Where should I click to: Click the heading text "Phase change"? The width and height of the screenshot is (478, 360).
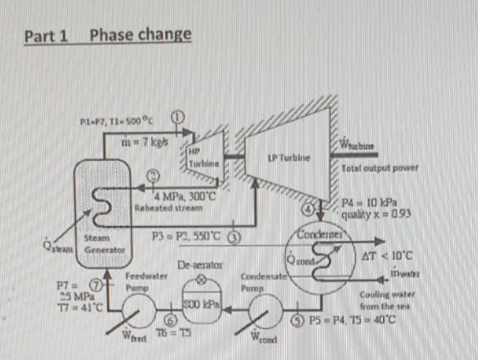[x=141, y=34]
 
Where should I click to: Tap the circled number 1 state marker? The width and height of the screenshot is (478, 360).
[x=177, y=117]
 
